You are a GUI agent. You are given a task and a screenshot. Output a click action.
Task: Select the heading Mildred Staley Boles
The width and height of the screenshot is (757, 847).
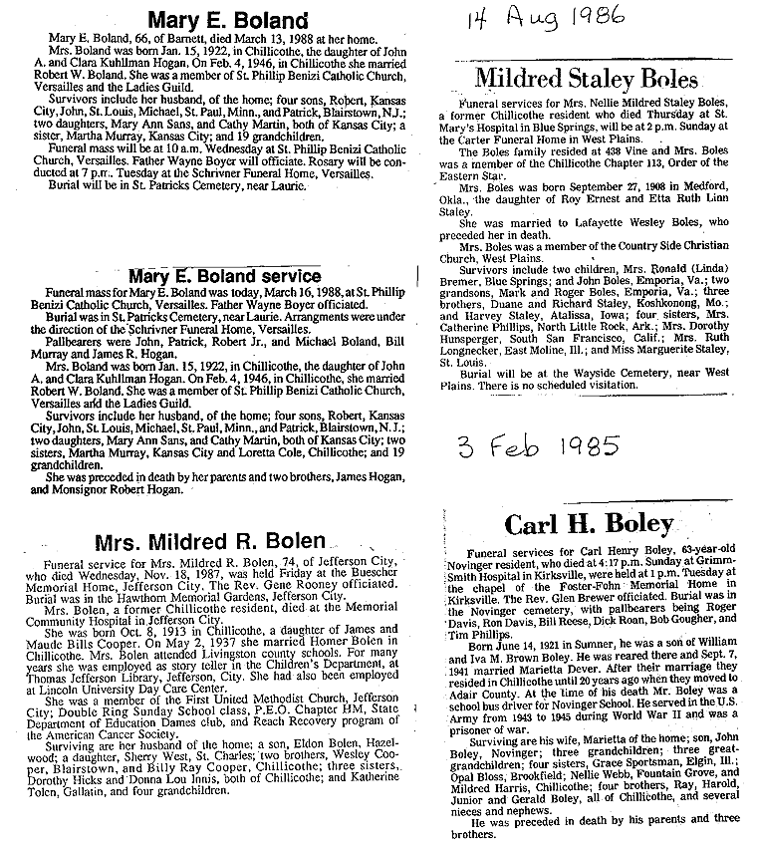pyautogui.click(x=586, y=79)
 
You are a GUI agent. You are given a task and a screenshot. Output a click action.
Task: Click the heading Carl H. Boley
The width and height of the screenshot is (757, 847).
pyautogui.click(x=589, y=522)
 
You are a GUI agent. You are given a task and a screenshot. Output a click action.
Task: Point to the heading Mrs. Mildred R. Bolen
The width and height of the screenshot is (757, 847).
pyautogui.click(x=209, y=541)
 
